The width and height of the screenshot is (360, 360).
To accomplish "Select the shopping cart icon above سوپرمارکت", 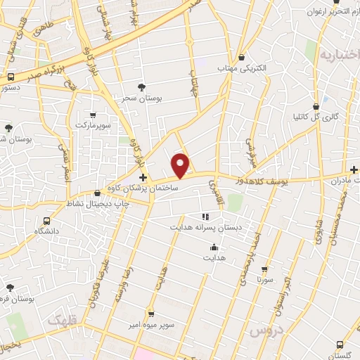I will coord(94,114).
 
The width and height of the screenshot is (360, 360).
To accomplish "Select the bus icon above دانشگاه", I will coord(46,219).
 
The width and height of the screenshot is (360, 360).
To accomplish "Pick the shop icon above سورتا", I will coord(264,269).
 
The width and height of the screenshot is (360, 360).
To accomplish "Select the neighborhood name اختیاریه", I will coord(337,54).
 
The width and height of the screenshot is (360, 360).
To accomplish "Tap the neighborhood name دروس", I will coord(265,330).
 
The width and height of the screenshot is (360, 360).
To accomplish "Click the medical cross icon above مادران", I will coord(354,169).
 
